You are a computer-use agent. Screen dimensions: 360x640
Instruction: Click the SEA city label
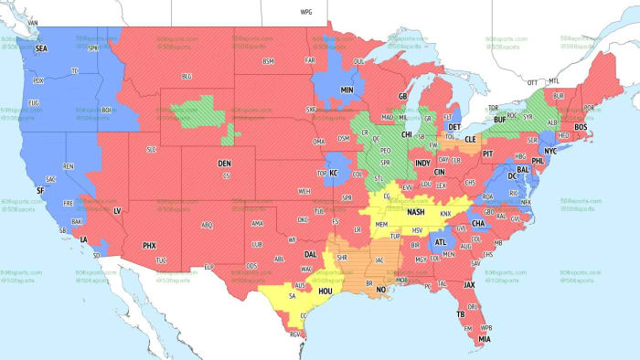click(x=40, y=48)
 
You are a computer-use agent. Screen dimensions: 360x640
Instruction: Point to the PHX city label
click(x=150, y=245)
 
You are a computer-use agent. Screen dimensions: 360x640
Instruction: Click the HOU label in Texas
click(x=325, y=291)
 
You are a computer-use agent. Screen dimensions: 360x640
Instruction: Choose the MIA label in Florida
click(x=484, y=339)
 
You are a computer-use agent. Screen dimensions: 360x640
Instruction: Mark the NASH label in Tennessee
click(x=417, y=212)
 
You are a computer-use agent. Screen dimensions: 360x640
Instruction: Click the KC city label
click(x=334, y=174)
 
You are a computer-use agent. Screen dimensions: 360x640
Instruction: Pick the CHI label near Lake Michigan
click(x=407, y=133)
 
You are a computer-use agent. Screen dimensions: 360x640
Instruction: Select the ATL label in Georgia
click(x=442, y=242)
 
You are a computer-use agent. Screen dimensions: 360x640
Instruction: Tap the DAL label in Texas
click(x=311, y=255)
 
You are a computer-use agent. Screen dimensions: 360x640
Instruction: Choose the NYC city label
click(x=549, y=151)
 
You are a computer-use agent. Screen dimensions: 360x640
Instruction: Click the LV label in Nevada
click(x=117, y=211)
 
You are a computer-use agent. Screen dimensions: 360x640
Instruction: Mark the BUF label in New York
click(x=499, y=120)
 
